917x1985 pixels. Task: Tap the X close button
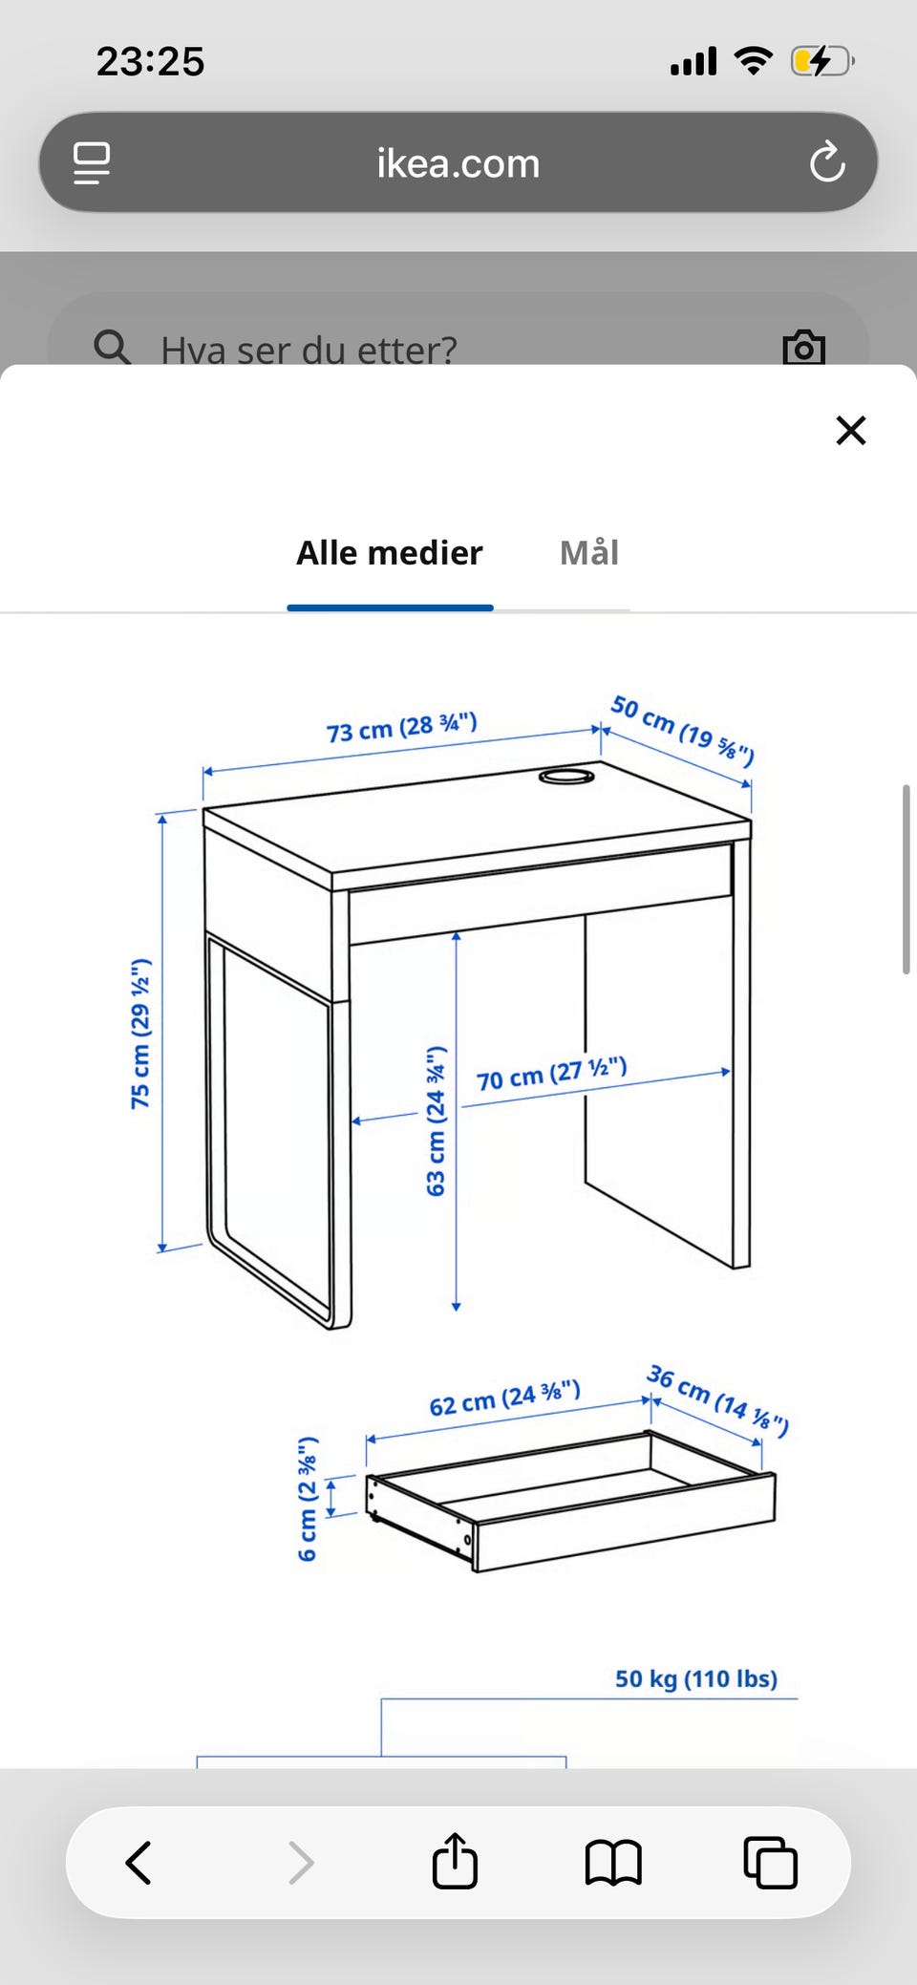click(850, 430)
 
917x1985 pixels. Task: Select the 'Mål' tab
click(589, 553)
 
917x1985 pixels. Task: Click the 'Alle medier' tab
click(390, 553)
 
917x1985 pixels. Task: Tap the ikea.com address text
click(458, 163)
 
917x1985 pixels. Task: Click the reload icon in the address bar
click(827, 162)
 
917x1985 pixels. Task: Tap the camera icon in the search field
click(803, 348)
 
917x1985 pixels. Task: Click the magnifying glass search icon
click(112, 347)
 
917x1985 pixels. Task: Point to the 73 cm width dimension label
click(401, 728)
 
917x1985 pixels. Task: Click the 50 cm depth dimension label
click(682, 731)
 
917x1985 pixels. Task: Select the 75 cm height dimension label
click(140, 1033)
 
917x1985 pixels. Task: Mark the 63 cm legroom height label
click(436, 1121)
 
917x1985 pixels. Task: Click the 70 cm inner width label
click(551, 1074)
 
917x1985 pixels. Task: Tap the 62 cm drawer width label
click(504, 1398)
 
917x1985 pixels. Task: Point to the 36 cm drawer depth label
click(717, 1400)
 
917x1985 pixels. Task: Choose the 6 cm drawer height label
click(308, 1498)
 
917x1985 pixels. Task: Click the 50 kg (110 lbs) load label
click(695, 1678)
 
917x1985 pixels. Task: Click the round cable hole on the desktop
click(566, 777)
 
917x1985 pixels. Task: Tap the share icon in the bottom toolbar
click(455, 1861)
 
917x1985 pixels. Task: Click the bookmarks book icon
click(613, 1862)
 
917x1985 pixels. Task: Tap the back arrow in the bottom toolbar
click(139, 1862)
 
